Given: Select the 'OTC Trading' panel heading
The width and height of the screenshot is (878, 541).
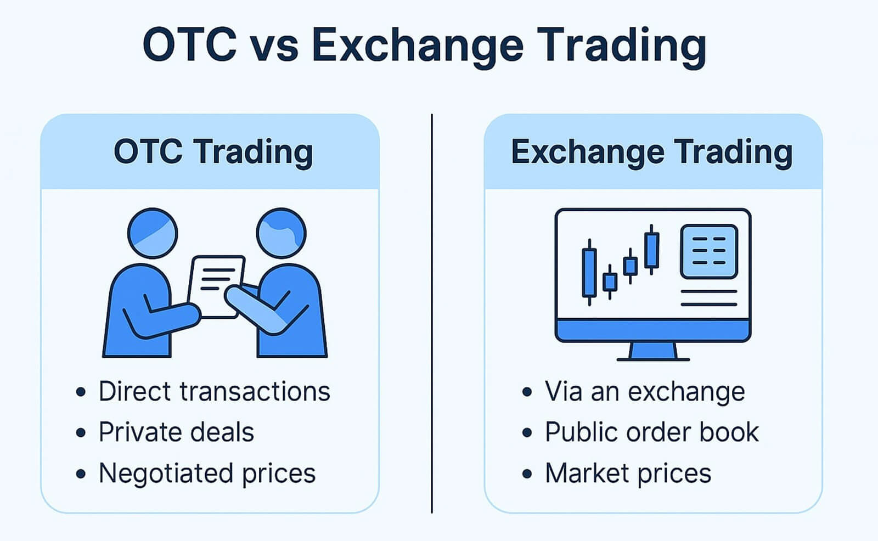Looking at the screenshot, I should tap(213, 152).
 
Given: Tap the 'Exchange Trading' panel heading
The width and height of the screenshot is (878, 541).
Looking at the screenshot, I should tap(651, 152).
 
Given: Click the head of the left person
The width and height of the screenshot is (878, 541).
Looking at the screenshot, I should tap(153, 233).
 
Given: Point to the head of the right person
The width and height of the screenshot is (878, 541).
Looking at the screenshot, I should tap(281, 233).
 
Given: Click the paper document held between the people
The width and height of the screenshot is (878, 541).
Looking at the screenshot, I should tap(215, 285).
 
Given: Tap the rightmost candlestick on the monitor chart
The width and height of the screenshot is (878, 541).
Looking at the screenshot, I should tap(651, 250).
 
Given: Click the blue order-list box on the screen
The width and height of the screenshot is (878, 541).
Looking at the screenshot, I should tap(708, 252).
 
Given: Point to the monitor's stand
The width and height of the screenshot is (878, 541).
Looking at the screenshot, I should tap(652, 351).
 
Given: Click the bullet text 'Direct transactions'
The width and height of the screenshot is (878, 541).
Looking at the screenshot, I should tap(214, 392).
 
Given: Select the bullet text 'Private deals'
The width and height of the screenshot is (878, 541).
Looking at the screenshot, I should tap(176, 432).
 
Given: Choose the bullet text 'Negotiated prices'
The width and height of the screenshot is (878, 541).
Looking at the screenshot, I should tap(207, 473).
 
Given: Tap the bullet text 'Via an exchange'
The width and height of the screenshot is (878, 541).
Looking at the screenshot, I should tap(645, 392).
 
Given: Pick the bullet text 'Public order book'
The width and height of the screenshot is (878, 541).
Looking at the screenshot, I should tap(651, 432).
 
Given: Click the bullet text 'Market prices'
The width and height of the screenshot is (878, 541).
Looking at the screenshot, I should tap(628, 473).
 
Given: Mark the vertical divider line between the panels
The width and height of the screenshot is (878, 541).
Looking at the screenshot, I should tap(432, 313).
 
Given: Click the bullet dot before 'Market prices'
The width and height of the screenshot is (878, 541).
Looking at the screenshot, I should tap(527, 474).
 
